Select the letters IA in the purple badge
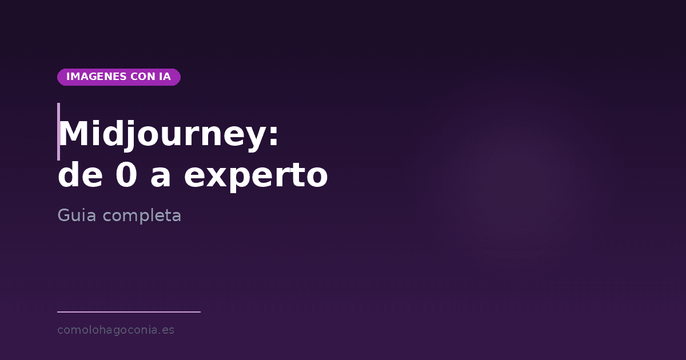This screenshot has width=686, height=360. click(165, 77)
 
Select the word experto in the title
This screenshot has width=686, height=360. click(256, 177)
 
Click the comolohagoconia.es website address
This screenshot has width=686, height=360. click(115, 330)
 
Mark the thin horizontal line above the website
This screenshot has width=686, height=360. click(129, 312)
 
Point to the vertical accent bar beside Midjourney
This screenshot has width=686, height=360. click(58, 131)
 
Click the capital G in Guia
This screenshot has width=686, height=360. click(63, 215)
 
